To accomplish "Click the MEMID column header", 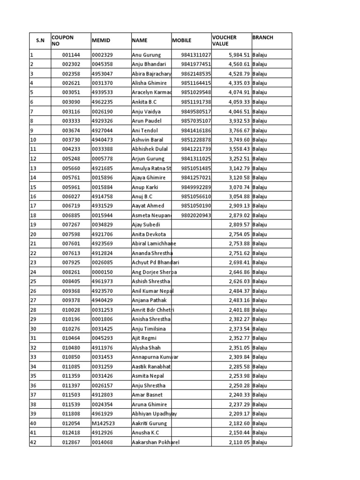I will [101, 41].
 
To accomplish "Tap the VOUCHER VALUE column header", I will [225, 41].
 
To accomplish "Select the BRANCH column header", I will [262, 37].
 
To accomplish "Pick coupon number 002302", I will [72, 64].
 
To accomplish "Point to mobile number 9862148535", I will [196, 74].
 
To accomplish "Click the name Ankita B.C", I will [145, 102].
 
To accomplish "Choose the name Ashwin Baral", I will [148, 140].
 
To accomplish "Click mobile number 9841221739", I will [196, 149].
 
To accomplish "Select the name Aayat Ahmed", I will [148, 206].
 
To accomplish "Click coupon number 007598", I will [72, 234].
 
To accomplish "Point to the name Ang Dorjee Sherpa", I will [154, 272].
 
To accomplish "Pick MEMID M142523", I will [102, 423].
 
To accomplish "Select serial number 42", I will [33, 442].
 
